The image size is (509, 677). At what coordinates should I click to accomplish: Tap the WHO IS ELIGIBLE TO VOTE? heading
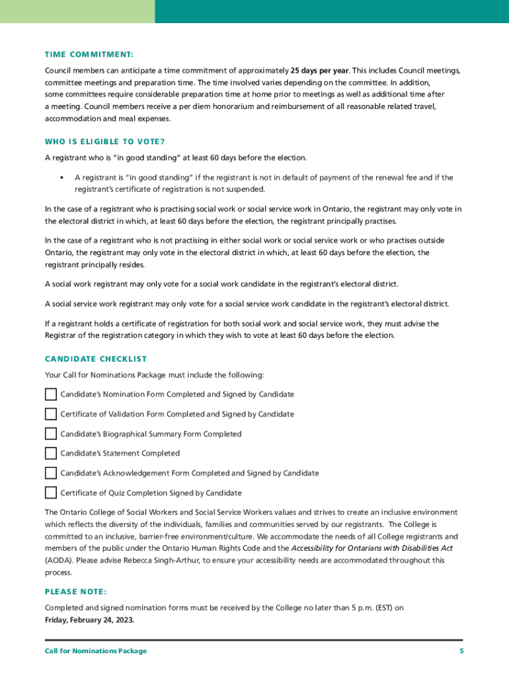click(104, 141)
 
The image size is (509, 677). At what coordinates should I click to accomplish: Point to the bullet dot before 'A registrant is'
click(61, 178)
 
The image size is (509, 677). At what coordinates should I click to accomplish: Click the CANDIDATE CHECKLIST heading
click(96, 359)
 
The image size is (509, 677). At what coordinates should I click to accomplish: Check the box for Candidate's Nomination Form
click(51, 395)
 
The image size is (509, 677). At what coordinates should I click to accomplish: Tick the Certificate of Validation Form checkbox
click(51, 415)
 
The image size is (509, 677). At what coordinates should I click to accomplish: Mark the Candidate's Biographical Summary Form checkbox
click(51, 434)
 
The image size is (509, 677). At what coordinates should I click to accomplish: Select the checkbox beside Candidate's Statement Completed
click(51, 454)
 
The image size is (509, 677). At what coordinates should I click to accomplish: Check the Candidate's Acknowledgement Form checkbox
click(51, 473)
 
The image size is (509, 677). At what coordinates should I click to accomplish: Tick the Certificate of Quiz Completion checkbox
click(51, 493)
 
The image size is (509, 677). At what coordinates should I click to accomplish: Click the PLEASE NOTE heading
click(75, 592)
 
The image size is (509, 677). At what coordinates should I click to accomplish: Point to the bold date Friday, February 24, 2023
click(89, 620)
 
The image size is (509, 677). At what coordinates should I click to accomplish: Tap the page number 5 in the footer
click(462, 651)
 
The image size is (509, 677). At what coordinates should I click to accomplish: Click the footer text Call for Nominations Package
click(96, 651)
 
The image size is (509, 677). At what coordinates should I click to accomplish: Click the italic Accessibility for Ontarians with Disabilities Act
click(372, 549)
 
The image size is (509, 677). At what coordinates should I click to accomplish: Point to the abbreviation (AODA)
click(57, 561)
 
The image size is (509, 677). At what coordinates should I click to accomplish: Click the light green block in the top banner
click(77, 11)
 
